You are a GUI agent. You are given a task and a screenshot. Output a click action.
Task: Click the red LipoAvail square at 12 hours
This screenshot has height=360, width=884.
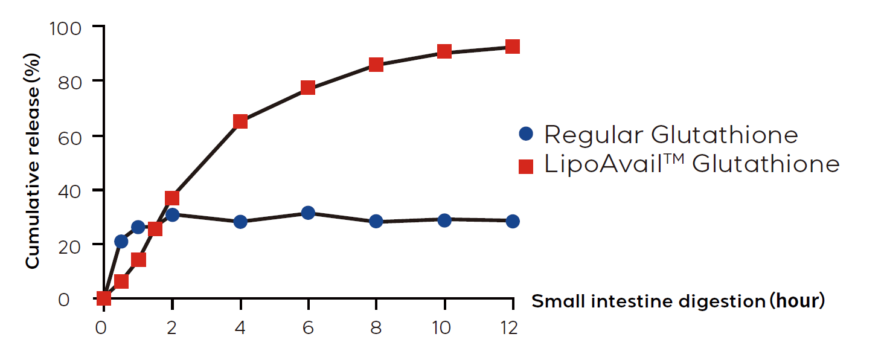513,47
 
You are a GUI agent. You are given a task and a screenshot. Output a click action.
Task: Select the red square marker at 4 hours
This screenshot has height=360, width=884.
240,121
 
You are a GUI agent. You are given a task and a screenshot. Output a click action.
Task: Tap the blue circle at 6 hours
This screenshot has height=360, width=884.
308,213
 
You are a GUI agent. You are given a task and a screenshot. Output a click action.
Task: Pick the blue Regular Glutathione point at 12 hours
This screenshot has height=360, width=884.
513,221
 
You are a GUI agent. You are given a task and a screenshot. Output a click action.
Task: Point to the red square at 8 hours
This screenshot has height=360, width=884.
376,64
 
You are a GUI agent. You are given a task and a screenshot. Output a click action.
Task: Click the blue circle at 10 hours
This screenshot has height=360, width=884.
444,220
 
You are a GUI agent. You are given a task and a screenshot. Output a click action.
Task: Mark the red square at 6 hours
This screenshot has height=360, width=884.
308,88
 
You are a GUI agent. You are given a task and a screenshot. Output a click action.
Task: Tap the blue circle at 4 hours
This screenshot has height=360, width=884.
240,222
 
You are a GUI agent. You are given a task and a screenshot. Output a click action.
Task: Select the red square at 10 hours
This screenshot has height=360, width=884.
444,51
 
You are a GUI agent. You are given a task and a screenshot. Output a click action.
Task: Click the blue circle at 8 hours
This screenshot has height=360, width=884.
376,221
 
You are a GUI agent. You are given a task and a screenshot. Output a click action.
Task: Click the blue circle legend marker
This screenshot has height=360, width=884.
526,134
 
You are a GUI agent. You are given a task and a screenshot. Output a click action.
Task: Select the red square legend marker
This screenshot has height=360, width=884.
526,166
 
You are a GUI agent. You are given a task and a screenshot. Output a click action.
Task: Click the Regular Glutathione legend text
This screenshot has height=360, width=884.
670,134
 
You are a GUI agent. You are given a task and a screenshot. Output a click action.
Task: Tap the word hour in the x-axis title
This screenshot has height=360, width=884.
798,300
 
